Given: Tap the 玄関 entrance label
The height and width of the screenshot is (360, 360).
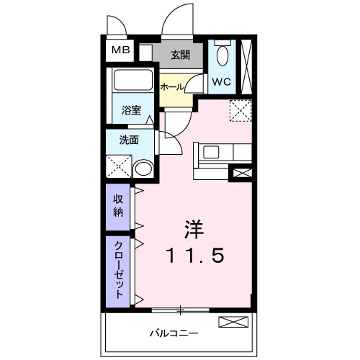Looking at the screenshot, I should [180, 54].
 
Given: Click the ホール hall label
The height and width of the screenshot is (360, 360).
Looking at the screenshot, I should [172, 86].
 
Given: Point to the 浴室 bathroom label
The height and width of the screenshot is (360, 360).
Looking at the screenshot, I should [131, 111].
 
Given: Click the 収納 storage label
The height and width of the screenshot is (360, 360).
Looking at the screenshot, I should [117, 204].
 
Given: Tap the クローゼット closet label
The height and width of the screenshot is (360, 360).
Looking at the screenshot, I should [117, 269].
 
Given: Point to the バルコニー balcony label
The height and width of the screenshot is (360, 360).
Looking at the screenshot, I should [174, 333].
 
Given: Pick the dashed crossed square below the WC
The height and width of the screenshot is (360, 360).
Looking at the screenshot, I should [238, 110].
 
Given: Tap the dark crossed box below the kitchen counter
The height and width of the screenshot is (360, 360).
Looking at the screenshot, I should [240, 173].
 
